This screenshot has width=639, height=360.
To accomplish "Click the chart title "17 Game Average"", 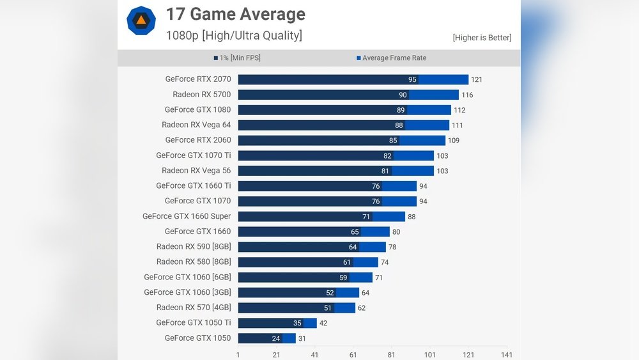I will tap(235, 14).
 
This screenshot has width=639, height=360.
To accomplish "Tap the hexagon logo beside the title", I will tap(141, 20).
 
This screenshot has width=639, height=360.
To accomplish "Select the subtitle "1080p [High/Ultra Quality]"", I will tap(234, 36).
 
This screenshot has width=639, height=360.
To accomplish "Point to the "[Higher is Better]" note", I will tap(482, 38).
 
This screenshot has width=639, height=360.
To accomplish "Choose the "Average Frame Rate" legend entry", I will tap(391, 58).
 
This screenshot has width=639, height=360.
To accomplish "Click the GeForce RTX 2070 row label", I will tap(198, 79).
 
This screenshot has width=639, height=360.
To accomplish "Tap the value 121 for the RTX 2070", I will tap(477, 80).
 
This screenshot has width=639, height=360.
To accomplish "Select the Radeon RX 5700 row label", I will tap(201, 95).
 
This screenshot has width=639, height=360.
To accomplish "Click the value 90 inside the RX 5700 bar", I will tap(403, 95).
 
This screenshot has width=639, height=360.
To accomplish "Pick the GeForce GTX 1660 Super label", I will tap(187, 216).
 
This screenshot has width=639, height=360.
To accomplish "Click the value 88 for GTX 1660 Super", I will tap(412, 217).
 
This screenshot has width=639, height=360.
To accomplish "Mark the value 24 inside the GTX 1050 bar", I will tap(276, 338).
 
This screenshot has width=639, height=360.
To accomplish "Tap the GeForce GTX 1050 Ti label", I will tap(193, 323).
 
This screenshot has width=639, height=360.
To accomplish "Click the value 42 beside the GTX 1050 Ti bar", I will tap(323, 324).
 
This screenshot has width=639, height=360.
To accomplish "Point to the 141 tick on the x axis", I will tap(507, 355).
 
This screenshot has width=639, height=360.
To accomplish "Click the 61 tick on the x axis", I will tap(353, 355).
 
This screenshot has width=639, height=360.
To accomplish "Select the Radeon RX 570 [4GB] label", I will tap(194, 308).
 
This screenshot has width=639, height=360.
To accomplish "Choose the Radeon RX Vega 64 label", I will tap(196, 125).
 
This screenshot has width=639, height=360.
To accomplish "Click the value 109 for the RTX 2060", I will tap(454, 141).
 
